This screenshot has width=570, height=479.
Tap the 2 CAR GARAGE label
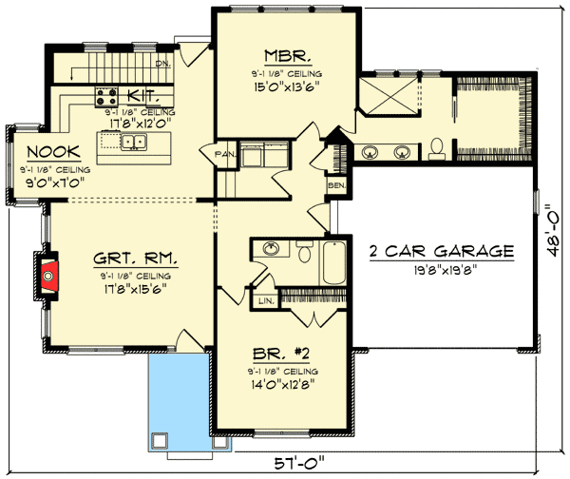coord(442,252)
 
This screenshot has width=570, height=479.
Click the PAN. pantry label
coord(225,153)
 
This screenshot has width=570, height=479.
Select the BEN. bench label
coord(335,184)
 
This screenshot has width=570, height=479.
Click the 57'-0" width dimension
coord(300,468)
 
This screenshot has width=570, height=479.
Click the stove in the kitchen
coord(104,95)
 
